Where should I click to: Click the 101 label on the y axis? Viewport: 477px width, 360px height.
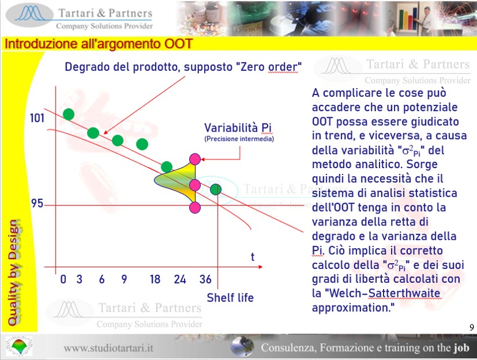point(37,118)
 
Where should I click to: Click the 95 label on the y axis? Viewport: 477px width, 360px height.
point(37,203)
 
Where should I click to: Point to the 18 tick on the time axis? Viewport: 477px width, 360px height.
point(155,279)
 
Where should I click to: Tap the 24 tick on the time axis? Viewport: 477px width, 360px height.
point(180,279)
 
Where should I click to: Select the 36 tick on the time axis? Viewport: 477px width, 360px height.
point(205,279)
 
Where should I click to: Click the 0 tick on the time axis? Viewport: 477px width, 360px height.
point(63,279)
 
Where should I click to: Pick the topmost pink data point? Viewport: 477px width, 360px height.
point(195,159)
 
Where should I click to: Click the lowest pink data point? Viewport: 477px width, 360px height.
point(195,208)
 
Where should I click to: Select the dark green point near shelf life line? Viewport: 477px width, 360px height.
point(216,190)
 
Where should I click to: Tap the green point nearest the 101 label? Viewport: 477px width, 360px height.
point(68,114)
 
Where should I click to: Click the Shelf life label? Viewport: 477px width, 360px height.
point(230,298)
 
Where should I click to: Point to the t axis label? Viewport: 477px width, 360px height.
point(252,257)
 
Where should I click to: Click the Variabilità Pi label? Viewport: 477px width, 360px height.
point(238,128)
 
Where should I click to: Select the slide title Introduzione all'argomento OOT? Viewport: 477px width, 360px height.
point(99,44)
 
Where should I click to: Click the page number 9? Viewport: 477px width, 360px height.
point(472,327)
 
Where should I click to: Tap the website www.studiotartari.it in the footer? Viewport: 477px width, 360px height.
point(109,348)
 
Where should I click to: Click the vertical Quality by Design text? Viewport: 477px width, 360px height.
point(15,272)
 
